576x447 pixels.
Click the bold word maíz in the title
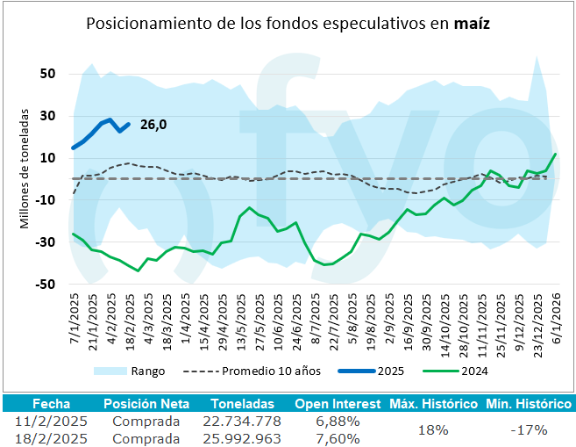[x=472, y=24]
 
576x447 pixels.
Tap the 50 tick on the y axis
[x=47, y=74]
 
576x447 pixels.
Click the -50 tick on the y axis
[x=45, y=284]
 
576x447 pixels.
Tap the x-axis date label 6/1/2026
[x=554, y=323]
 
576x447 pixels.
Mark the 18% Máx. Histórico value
[x=433, y=429]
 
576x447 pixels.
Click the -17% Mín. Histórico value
[x=529, y=429]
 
